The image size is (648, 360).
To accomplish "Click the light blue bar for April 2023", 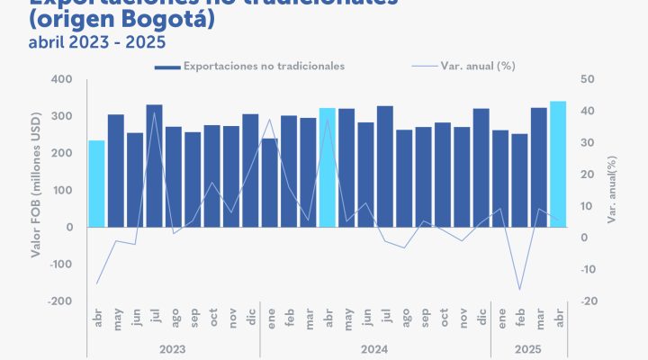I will (x=96, y=184).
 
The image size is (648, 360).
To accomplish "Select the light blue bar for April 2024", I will (x=327, y=167).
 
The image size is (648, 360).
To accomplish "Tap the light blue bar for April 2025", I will (x=558, y=164).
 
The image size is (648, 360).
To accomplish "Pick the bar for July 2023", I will (x=155, y=166).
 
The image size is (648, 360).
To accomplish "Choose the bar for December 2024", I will (x=481, y=167).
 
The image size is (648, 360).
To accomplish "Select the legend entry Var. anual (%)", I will (x=477, y=66).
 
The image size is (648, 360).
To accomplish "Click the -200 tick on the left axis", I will (x=60, y=301).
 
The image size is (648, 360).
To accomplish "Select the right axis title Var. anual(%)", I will (x=612, y=190).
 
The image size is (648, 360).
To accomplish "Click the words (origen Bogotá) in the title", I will (x=121, y=18).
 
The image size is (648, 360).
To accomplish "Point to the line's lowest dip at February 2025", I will (x=519, y=290).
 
